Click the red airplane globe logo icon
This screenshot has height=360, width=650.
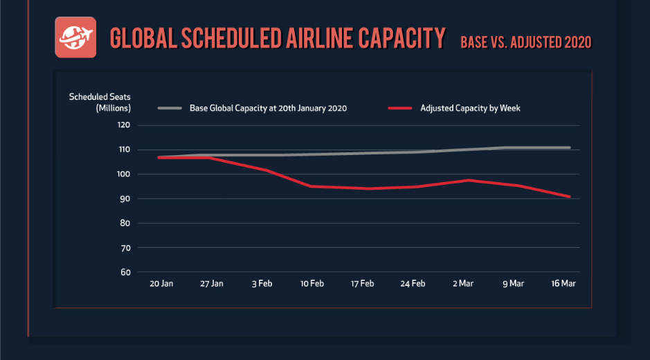pos(74,38)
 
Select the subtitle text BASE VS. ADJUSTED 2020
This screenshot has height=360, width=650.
pos(526,42)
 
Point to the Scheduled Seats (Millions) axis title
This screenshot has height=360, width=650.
pos(100,102)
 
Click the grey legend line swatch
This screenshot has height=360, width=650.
pos(170,108)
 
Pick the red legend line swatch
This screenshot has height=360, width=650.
pos(400,108)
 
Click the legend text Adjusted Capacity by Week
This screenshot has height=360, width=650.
pos(470,108)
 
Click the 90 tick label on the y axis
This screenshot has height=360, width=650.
pos(125,199)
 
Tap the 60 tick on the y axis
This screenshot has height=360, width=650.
pos(125,272)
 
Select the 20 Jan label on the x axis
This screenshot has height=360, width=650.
pos(161,284)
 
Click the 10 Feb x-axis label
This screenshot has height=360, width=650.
pos(312,284)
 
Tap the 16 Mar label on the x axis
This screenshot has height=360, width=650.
pos(562,284)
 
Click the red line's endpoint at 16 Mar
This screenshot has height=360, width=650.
pos(569,197)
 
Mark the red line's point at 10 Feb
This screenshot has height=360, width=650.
pos(312,186)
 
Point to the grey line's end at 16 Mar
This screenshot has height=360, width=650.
pos(569,147)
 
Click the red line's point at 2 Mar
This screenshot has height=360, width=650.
pos(469,180)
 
